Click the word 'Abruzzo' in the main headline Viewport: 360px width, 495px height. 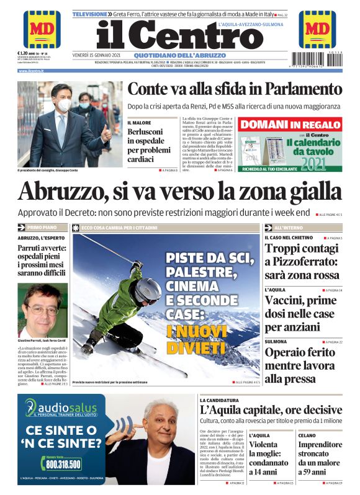pyautogui.click(x=61, y=192)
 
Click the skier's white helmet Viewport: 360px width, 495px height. pyautogui.click(x=148, y=289)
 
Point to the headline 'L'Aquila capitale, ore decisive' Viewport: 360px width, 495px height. pyautogui.click(x=270, y=409)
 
